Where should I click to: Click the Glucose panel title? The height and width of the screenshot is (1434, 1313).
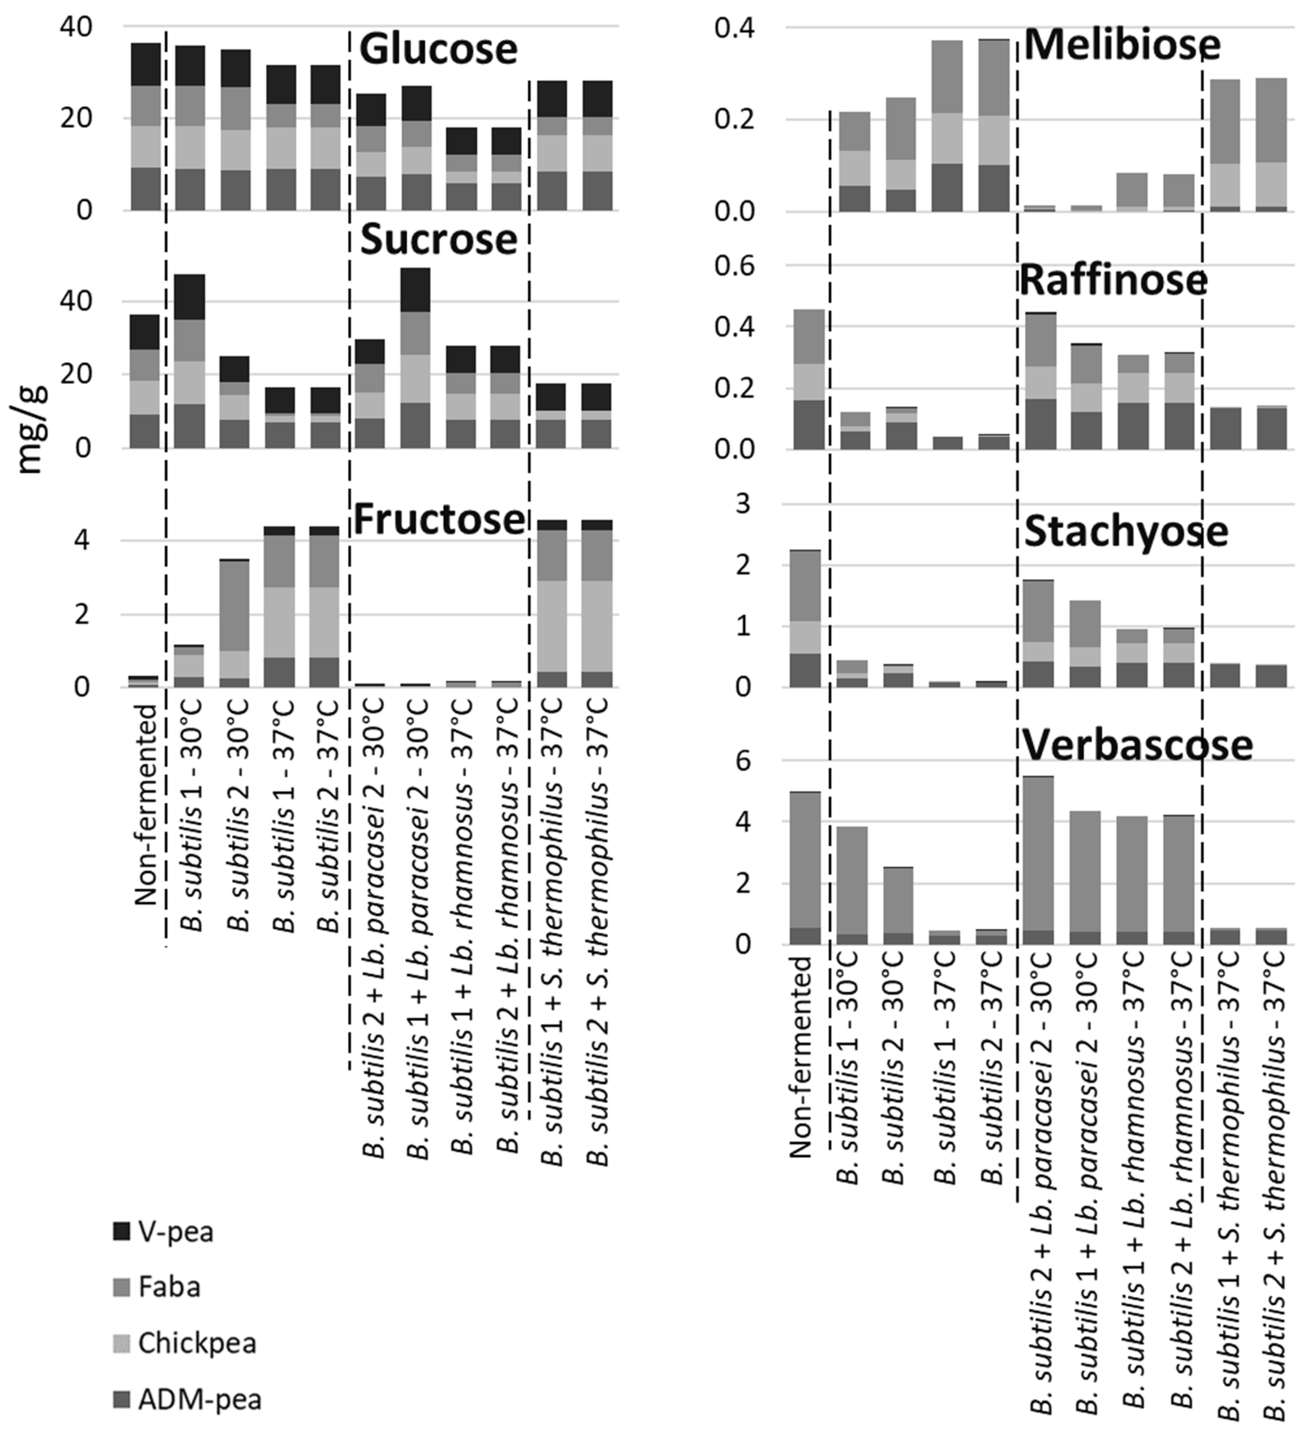click(x=438, y=50)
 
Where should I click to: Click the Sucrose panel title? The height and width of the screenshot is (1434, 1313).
click(x=438, y=240)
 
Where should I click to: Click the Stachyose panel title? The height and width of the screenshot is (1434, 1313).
click(x=1126, y=532)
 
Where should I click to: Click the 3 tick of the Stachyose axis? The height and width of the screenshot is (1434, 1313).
click(x=763, y=504)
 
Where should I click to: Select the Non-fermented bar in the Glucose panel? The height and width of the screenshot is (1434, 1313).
click(x=145, y=127)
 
